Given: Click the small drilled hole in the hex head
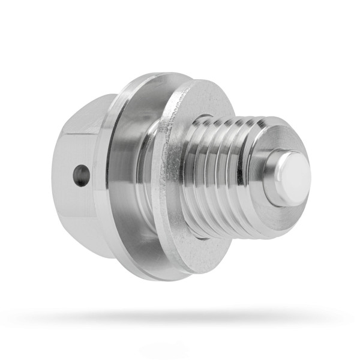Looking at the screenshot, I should (x=81, y=175).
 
